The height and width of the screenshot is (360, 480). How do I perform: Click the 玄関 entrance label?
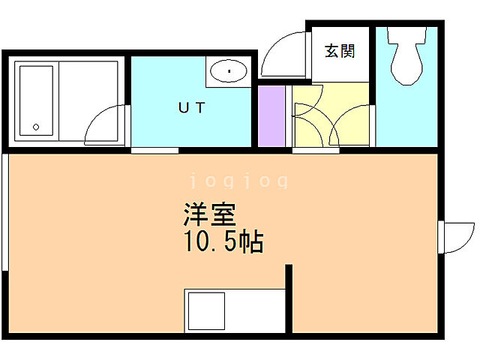(x=340, y=52)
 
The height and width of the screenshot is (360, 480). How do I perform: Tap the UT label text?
(x=191, y=107)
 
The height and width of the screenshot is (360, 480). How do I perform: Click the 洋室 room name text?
(x=209, y=216)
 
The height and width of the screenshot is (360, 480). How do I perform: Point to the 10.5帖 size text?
(x=223, y=241)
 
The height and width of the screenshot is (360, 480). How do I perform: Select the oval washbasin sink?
(x=228, y=72)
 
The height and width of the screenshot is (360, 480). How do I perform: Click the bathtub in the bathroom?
(x=35, y=104)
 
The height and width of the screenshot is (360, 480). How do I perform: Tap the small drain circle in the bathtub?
(x=34, y=126)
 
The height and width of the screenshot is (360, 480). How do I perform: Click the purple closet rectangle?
(x=272, y=116)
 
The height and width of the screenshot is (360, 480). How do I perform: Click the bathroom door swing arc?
(x=105, y=124)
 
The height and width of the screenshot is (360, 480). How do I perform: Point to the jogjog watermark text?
(x=238, y=181)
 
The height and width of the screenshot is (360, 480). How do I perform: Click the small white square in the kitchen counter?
(x=205, y=310)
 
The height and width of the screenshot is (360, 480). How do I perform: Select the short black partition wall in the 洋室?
(x=289, y=298)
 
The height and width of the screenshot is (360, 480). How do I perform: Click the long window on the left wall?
(x=5, y=210)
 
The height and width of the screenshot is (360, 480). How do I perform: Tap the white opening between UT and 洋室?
(x=154, y=150)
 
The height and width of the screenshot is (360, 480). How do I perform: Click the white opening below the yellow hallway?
(x=315, y=150)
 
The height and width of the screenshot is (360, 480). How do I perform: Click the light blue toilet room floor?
(x=405, y=112)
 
